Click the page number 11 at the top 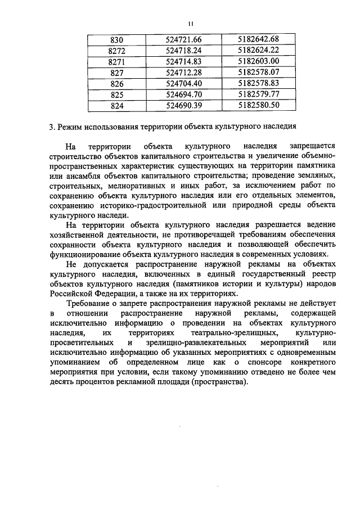tap(190, 24)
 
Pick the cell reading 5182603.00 tap(258, 61)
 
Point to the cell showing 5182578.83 tap(258, 83)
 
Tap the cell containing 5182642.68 tap(258, 39)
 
